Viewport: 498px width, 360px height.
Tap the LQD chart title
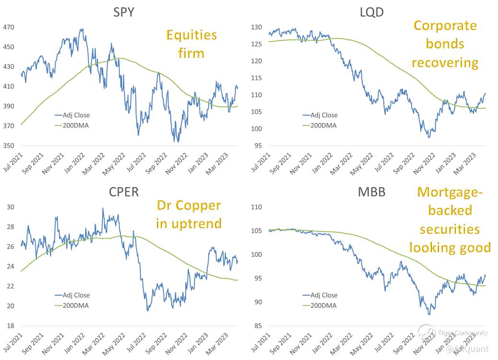(371, 12)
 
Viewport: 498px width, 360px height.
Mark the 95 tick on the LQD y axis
(259, 146)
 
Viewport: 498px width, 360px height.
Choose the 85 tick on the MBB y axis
(259, 326)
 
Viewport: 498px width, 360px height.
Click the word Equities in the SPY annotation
(192, 35)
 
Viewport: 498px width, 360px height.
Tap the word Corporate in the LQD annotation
(445, 25)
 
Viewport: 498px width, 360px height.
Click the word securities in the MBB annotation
(450, 229)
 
